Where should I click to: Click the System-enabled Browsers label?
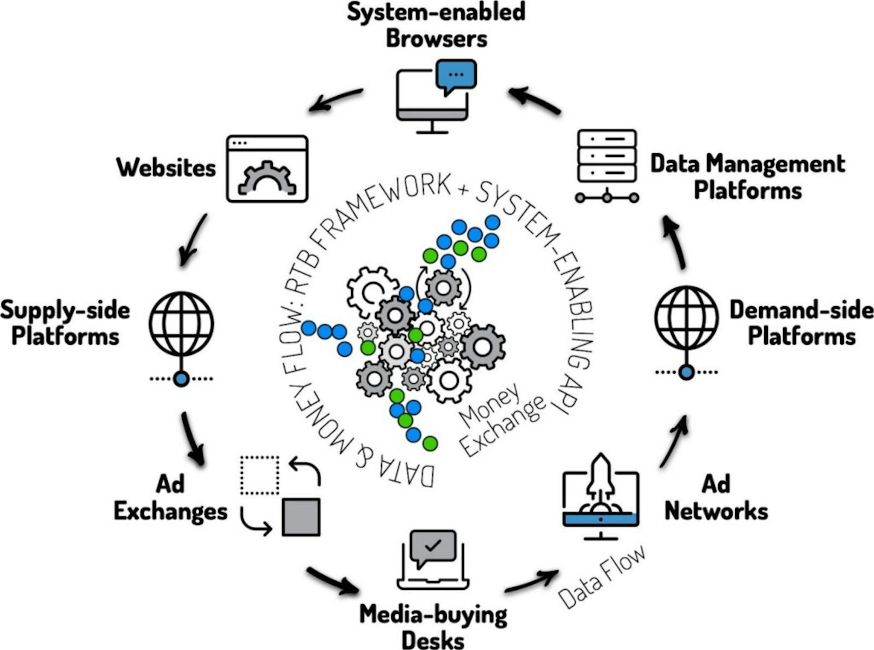pyautogui.click(x=436, y=25)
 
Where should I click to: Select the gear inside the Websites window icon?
pyautogui.click(x=267, y=179)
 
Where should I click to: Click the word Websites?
pyautogui.click(x=166, y=167)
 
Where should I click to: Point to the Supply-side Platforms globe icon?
pyautogui.click(x=181, y=324)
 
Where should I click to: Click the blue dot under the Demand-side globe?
pyautogui.click(x=686, y=372)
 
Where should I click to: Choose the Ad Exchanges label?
pyautogui.click(x=171, y=498)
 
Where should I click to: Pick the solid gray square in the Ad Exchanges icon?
pyautogui.click(x=301, y=517)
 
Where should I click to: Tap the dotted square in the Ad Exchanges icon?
pyautogui.click(x=259, y=475)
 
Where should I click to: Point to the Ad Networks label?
pyautogui.click(x=716, y=498)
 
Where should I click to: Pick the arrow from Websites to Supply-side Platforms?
pyautogui.click(x=193, y=240)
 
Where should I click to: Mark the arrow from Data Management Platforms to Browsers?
pyautogui.click(x=534, y=101)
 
